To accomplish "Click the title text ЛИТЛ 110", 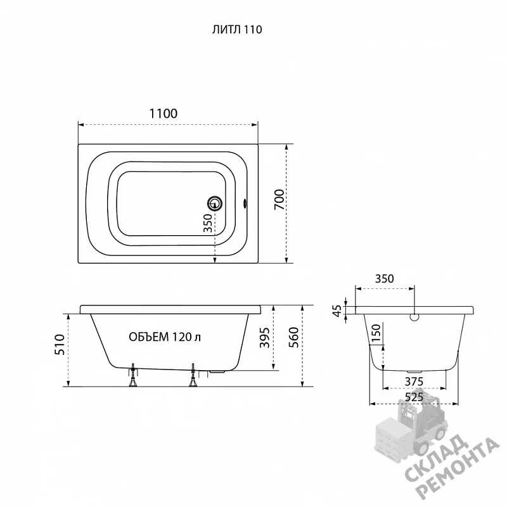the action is pyautogui.click(x=237, y=29).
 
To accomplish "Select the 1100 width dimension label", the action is pyautogui.click(x=164, y=113).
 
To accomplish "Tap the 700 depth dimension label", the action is pyautogui.click(x=279, y=200).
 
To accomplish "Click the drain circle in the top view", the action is pyautogui.click(x=215, y=203).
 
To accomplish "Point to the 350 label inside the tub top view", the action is pyautogui.click(x=208, y=223).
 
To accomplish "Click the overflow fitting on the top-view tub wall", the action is pyautogui.click(x=245, y=203).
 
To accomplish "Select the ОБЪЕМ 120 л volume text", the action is pyautogui.click(x=165, y=337).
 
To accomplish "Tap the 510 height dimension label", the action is pyautogui.click(x=60, y=345).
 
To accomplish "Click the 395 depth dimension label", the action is pyautogui.click(x=265, y=338).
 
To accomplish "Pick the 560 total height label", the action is pyautogui.click(x=293, y=338).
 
